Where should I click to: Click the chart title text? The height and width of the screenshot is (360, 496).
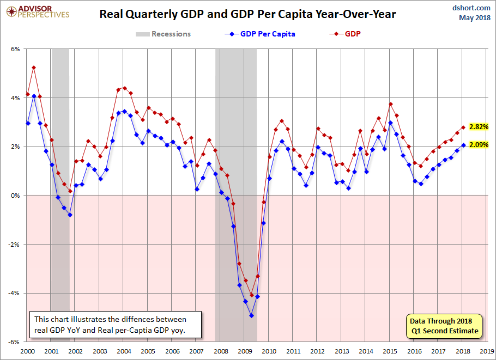(x=247, y=14)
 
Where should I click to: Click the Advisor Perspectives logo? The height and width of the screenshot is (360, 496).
(x=38, y=12)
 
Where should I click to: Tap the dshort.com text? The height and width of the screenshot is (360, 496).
(x=471, y=8)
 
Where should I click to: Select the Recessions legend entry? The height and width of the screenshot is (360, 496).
(x=163, y=34)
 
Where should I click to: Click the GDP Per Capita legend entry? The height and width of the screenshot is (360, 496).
(x=260, y=34)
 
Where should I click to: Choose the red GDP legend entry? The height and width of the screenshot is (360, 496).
(x=345, y=34)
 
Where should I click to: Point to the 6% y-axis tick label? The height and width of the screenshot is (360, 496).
(x=15, y=49)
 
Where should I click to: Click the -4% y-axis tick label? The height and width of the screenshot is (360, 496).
(x=15, y=294)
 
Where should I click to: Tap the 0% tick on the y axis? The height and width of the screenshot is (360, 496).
(x=15, y=196)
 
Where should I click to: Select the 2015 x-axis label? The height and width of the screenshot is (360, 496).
(x=390, y=351)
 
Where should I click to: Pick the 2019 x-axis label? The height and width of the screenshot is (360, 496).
(x=487, y=351)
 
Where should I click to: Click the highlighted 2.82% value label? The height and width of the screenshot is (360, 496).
(x=479, y=127)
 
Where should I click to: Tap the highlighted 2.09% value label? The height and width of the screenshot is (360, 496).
(x=479, y=145)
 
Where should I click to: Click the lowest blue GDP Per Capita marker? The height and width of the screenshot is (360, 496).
(x=251, y=315)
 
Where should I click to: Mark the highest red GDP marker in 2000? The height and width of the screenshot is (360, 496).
(x=34, y=68)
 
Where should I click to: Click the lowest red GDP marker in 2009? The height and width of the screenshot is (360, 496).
(x=252, y=295)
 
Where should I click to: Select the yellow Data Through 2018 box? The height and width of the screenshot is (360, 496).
(x=444, y=326)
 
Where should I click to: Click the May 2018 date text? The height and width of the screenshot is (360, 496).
(x=475, y=17)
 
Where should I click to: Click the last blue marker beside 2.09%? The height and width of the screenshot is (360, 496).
(x=463, y=145)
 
